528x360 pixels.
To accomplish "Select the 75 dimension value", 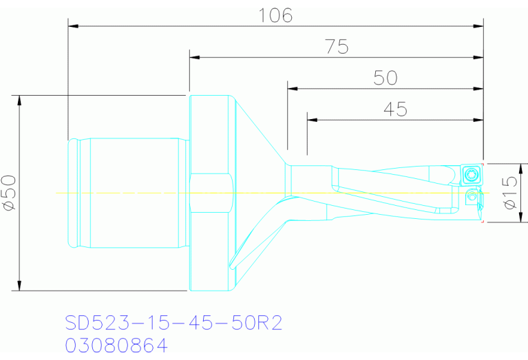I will tap(337, 47).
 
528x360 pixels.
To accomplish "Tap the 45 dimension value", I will tap(394, 109).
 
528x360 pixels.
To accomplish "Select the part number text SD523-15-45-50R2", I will tap(173, 323).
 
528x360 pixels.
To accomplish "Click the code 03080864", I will tap(116, 345).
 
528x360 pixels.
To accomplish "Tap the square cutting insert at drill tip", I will tap(471, 173).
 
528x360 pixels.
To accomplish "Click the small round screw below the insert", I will tap(472, 198).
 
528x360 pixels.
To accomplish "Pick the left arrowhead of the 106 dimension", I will tap(72, 26).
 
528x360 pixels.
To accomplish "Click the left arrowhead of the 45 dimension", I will tap(311, 120).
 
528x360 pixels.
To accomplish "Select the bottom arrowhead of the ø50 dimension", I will tap(19, 286).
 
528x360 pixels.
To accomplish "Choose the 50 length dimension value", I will tap(386, 78).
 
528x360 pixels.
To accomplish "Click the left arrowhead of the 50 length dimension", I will tap(292, 89).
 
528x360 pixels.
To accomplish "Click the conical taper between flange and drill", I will tap(258, 172).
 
